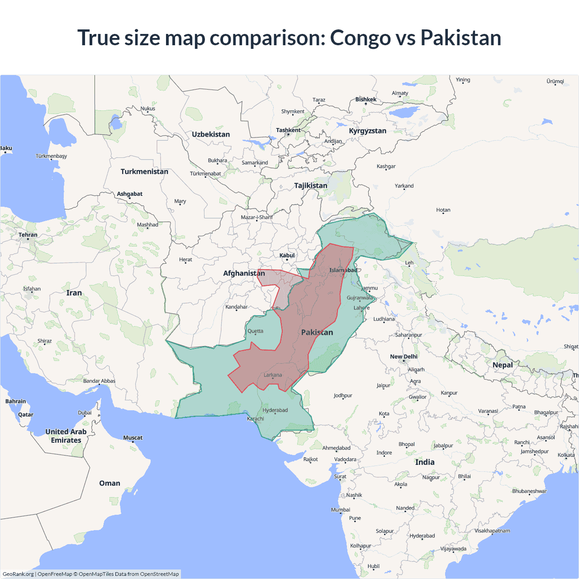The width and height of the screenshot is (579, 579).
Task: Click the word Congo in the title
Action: (360, 38)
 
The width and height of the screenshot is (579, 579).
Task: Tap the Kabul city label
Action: (287, 256)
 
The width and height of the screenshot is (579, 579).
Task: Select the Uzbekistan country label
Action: (211, 134)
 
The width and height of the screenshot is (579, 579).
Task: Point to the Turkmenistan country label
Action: (144, 171)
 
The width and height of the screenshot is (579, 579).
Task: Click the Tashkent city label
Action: (288, 130)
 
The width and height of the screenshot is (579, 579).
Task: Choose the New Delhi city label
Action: (403, 356)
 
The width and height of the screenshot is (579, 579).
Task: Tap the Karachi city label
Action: (256, 418)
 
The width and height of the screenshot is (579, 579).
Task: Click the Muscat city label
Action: (133, 437)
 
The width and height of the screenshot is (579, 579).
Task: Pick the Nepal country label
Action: (503, 365)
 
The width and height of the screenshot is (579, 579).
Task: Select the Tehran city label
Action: (28, 235)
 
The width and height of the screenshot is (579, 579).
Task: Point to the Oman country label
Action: (109, 483)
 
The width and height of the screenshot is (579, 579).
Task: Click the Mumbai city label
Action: (341, 510)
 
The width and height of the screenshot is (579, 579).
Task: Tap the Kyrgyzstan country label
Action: (367, 131)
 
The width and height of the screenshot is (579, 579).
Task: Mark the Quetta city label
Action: (255, 331)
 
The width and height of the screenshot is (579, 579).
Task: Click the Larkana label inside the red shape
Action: (273, 375)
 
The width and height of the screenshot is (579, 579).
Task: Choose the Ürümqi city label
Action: (555, 81)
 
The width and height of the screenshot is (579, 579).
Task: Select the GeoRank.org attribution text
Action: (18, 574)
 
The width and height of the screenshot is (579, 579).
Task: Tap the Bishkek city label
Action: (365, 100)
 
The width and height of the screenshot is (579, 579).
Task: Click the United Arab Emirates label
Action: (66, 436)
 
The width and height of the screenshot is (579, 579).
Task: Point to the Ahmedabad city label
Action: (336, 448)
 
